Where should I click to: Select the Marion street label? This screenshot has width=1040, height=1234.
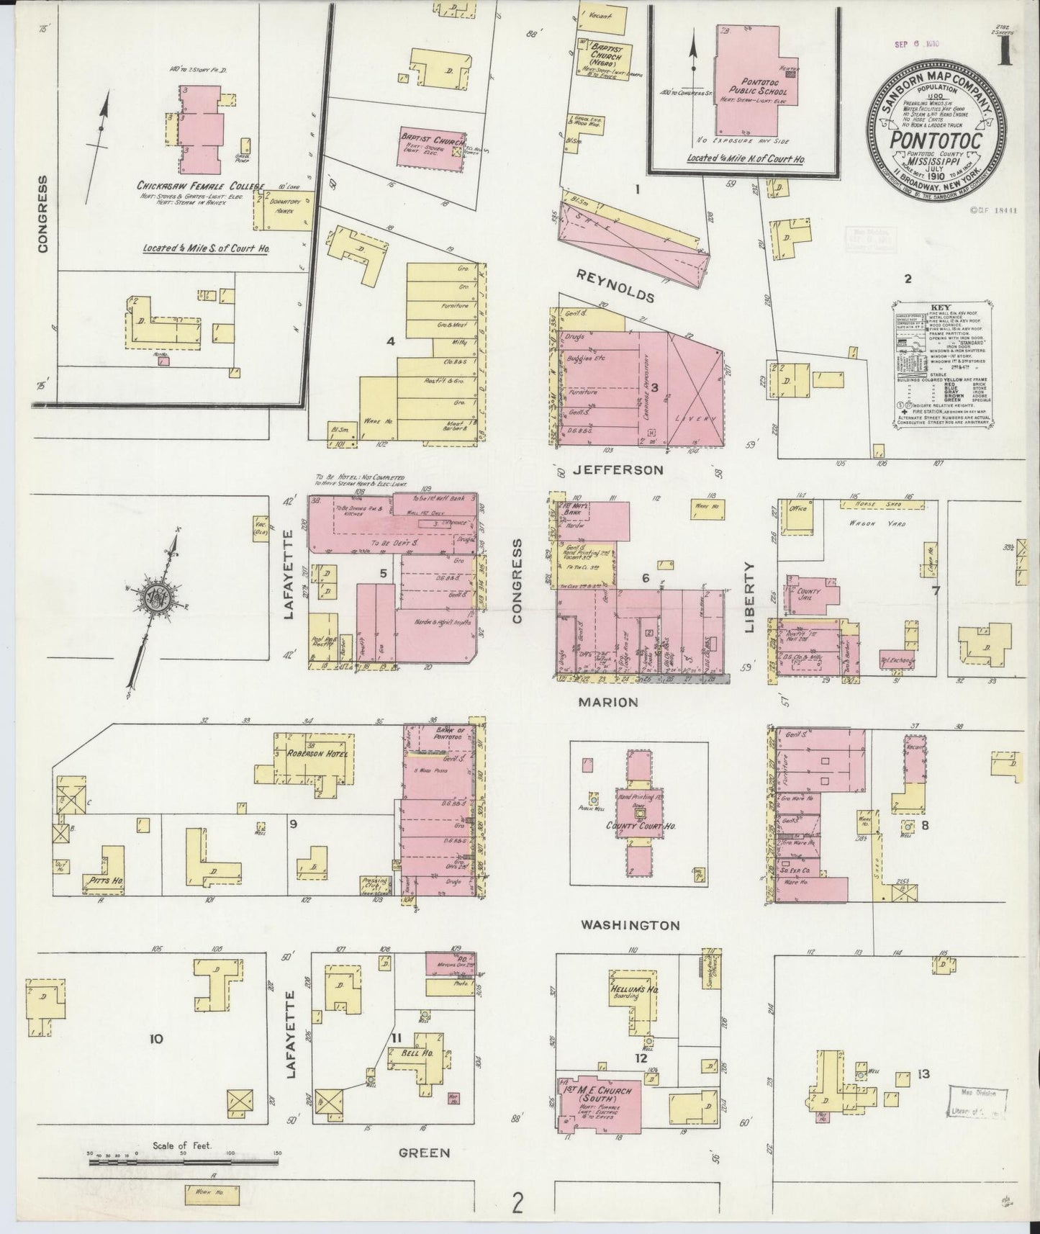click(x=608, y=701)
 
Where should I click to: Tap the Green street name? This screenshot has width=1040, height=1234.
click(x=425, y=1152)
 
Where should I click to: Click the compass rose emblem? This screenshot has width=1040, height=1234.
click(x=153, y=599)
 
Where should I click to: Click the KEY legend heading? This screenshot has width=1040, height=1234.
click(x=940, y=306)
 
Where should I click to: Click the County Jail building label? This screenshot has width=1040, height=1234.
click(x=810, y=595)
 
